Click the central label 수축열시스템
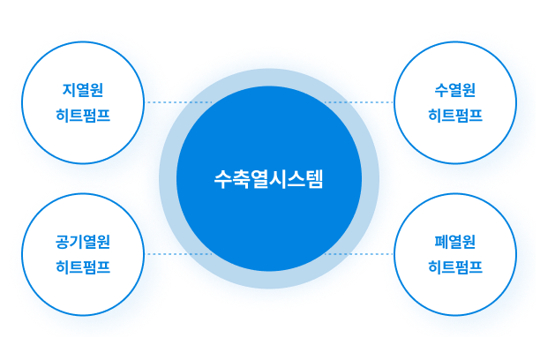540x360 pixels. (x=269, y=179)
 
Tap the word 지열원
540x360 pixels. (x=83, y=90)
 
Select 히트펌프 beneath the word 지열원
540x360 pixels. (x=83, y=115)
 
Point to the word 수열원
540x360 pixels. (x=455, y=90)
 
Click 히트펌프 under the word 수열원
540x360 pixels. (x=455, y=115)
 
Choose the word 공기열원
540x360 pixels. (x=83, y=242)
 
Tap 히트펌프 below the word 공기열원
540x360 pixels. (x=83, y=266)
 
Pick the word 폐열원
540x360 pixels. (x=455, y=242)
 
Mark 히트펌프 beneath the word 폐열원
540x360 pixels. (x=455, y=266)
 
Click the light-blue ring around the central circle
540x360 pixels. (x=269, y=78)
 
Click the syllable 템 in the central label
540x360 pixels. (x=316, y=179)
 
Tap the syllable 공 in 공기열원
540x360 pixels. (x=63, y=242)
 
